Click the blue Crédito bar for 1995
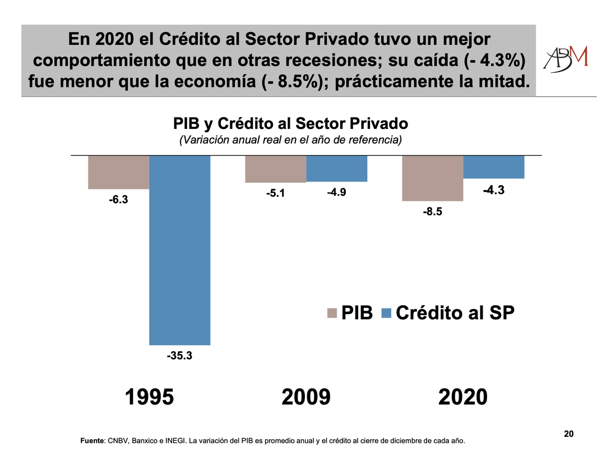(x=179, y=250)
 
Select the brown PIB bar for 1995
(x=118, y=172)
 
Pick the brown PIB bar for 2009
(x=276, y=169)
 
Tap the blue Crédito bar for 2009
(x=336, y=168)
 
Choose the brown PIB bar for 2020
(x=433, y=178)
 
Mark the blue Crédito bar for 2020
(x=493, y=167)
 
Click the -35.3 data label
(x=179, y=355)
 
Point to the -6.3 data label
(x=118, y=199)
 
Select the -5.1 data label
(x=276, y=193)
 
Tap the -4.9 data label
(x=336, y=192)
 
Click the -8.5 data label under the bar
(x=433, y=211)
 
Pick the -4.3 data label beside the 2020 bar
(x=493, y=190)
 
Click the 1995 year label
(x=149, y=397)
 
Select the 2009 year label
(x=306, y=397)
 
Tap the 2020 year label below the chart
(x=463, y=397)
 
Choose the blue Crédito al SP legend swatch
(x=386, y=313)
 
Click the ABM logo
(x=566, y=59)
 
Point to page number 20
(x=568, y=434)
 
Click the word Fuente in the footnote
(x=92, y=441)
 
